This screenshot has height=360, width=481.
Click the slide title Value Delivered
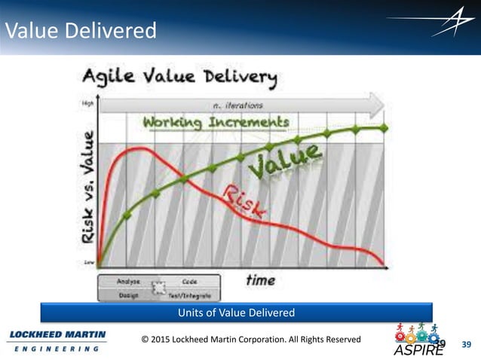pos(81,32)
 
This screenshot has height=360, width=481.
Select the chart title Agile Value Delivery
pos(179,78)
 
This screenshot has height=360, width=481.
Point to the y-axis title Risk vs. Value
pos(89,185)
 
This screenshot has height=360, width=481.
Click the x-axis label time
pos(260,280)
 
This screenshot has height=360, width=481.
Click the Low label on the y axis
pos(87,263)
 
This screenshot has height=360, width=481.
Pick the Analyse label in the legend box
pos(127,281)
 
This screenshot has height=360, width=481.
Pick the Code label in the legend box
pos(190,281)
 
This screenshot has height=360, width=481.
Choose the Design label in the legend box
pos(127,294)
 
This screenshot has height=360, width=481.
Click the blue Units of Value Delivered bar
pos(237,313)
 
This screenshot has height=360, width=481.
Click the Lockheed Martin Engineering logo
pos(57,340)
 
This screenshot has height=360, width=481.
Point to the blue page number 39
pos(465,345)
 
